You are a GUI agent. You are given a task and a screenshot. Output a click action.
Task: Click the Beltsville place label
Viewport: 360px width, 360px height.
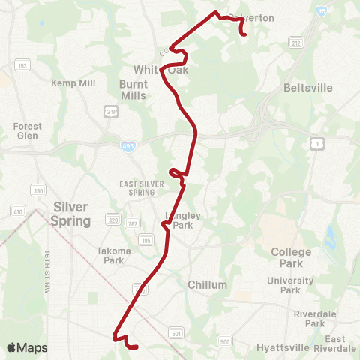[x=308, y=88]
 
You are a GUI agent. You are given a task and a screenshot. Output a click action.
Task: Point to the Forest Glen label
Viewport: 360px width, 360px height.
[x=28, y=131]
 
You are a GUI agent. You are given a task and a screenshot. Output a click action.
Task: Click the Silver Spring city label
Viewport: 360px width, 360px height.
[x=70, y=214]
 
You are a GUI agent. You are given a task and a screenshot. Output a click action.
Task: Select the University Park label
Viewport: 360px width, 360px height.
[x=290, y=285]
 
